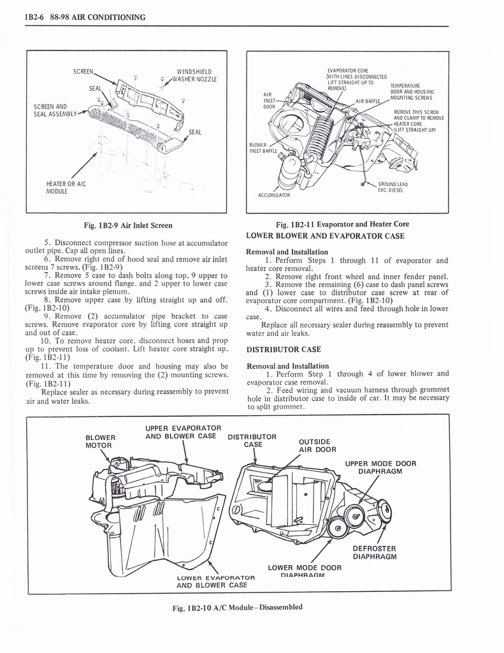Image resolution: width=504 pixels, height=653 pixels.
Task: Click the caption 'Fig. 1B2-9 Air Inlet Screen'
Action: (127, 225)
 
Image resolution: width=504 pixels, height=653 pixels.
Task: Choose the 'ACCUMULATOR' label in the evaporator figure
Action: (275, 195)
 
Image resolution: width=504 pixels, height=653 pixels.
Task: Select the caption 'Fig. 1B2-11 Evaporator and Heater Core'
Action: (342, 224)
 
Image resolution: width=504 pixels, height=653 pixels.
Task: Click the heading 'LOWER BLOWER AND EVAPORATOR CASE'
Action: (325, 236)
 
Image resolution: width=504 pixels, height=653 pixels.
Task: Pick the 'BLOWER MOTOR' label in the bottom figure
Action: (100, 441)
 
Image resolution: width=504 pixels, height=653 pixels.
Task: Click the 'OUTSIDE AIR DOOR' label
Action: (314, 444)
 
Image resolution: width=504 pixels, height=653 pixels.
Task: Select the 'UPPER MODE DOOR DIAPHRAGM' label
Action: (380, 467)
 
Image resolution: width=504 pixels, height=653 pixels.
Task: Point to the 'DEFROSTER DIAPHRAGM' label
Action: (374, 552)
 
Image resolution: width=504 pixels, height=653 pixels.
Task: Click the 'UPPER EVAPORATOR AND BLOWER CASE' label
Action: (183, 432)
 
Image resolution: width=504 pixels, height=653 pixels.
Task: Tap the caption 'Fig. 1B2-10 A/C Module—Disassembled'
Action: (237, 608)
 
